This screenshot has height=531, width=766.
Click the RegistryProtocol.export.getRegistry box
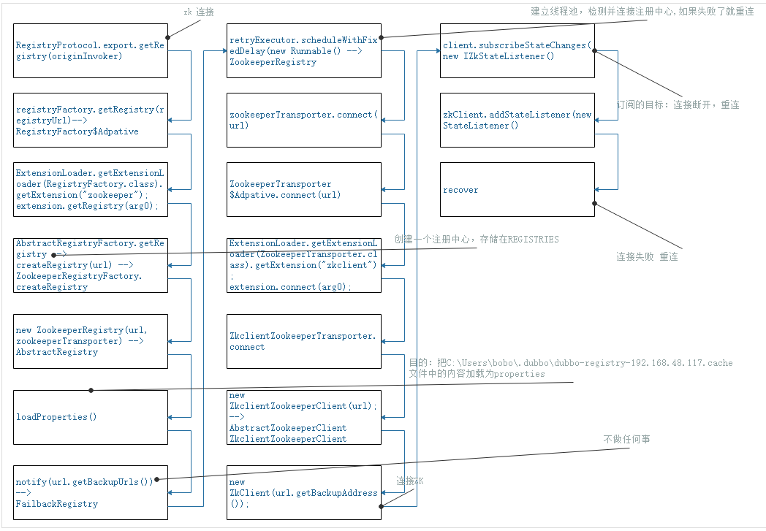click(91, 50)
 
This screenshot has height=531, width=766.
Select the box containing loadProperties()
click(91, 417)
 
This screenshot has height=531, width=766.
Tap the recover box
click(517, 189)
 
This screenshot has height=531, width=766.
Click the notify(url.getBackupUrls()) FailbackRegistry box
click(91, 492)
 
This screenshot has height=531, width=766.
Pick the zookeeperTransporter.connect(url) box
click(304, 120)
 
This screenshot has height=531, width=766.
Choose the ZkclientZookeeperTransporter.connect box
click(304, 341)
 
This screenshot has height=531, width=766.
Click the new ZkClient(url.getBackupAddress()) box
click(304, 492)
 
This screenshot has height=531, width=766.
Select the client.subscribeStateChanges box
click(517, 50)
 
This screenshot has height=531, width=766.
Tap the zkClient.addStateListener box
click(517, 120)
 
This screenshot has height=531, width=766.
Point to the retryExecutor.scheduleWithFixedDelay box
click(304, 50)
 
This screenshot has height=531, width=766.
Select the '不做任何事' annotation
click(626, 439)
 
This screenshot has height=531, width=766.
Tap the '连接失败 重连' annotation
click(647, 257)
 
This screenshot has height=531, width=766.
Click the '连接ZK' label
click(410, 481)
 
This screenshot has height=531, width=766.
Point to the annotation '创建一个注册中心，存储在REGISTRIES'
click(477, 239)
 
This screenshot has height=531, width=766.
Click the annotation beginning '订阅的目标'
click(678, 104)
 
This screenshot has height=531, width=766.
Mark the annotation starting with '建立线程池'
click(642, 12)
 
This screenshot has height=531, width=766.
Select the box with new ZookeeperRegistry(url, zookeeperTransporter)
click(91, 341)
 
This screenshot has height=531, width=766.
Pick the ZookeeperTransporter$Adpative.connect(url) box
click(304, 189)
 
